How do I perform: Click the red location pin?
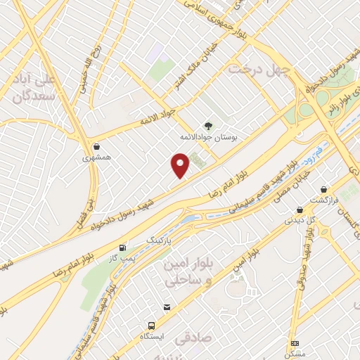(x=181, y=165)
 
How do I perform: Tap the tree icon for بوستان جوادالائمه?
(x=207, y=125)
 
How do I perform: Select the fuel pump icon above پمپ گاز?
(x=124, y=247)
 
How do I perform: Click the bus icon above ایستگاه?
(x=152, y=326)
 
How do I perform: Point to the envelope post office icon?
(x=167, y=307)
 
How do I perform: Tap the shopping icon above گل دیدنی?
(x=300, y=210)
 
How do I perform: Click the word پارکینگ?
(x=157, y=240)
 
